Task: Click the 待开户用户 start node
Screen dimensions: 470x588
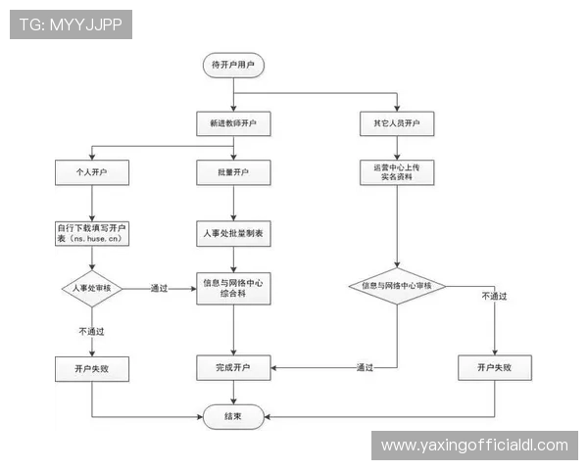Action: click(x=233, y=66)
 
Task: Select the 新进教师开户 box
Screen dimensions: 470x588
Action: click(x=233, y=125)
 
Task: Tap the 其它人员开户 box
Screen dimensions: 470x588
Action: click(x=397, y=125)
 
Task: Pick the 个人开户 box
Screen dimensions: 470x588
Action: click(x=92, y=174)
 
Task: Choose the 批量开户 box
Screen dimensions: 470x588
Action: click(x=233, y=174)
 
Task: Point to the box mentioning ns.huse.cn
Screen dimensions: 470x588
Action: click(x=92, y=233)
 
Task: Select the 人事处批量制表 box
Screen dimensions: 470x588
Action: click(x=233, y=235)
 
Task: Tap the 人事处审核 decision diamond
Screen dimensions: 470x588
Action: click(x=92, y=288)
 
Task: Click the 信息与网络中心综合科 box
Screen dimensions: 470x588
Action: click(x=233, y=288)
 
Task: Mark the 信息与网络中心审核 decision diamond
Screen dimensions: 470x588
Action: click(x=397, y=286)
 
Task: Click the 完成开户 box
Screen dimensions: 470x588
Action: click(x=233, y=368)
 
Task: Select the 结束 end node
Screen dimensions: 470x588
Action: click(x=233, y=416)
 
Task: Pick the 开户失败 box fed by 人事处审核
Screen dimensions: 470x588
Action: click(x=92, y=368)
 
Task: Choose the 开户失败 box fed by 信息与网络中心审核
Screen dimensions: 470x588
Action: click(x=495, y=368)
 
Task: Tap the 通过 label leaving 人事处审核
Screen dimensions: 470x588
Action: click(x=160, y=288)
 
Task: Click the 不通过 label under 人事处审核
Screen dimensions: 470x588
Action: click(x=92, y=331)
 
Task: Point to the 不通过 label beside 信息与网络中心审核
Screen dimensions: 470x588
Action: click(x=495, y=295)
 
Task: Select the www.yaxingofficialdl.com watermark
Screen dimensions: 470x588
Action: click(x=474, y=446)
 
